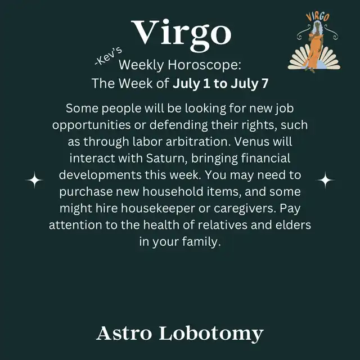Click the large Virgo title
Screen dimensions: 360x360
[x=181, y=34]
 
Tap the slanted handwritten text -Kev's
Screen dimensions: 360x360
[x=109, y=56]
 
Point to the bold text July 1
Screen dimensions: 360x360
[x=191, y=83]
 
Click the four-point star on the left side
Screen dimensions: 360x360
[x=34, y=180]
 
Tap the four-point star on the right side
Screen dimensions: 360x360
[x=325, y=180]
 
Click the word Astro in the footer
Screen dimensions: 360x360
[x=124, y=333]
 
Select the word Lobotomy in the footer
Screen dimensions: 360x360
[x=211, y=334]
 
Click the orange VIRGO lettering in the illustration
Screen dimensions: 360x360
[x=318, y=17]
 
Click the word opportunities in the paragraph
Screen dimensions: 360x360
[x=91, y=125]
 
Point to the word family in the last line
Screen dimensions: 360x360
[x=201, y=242]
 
